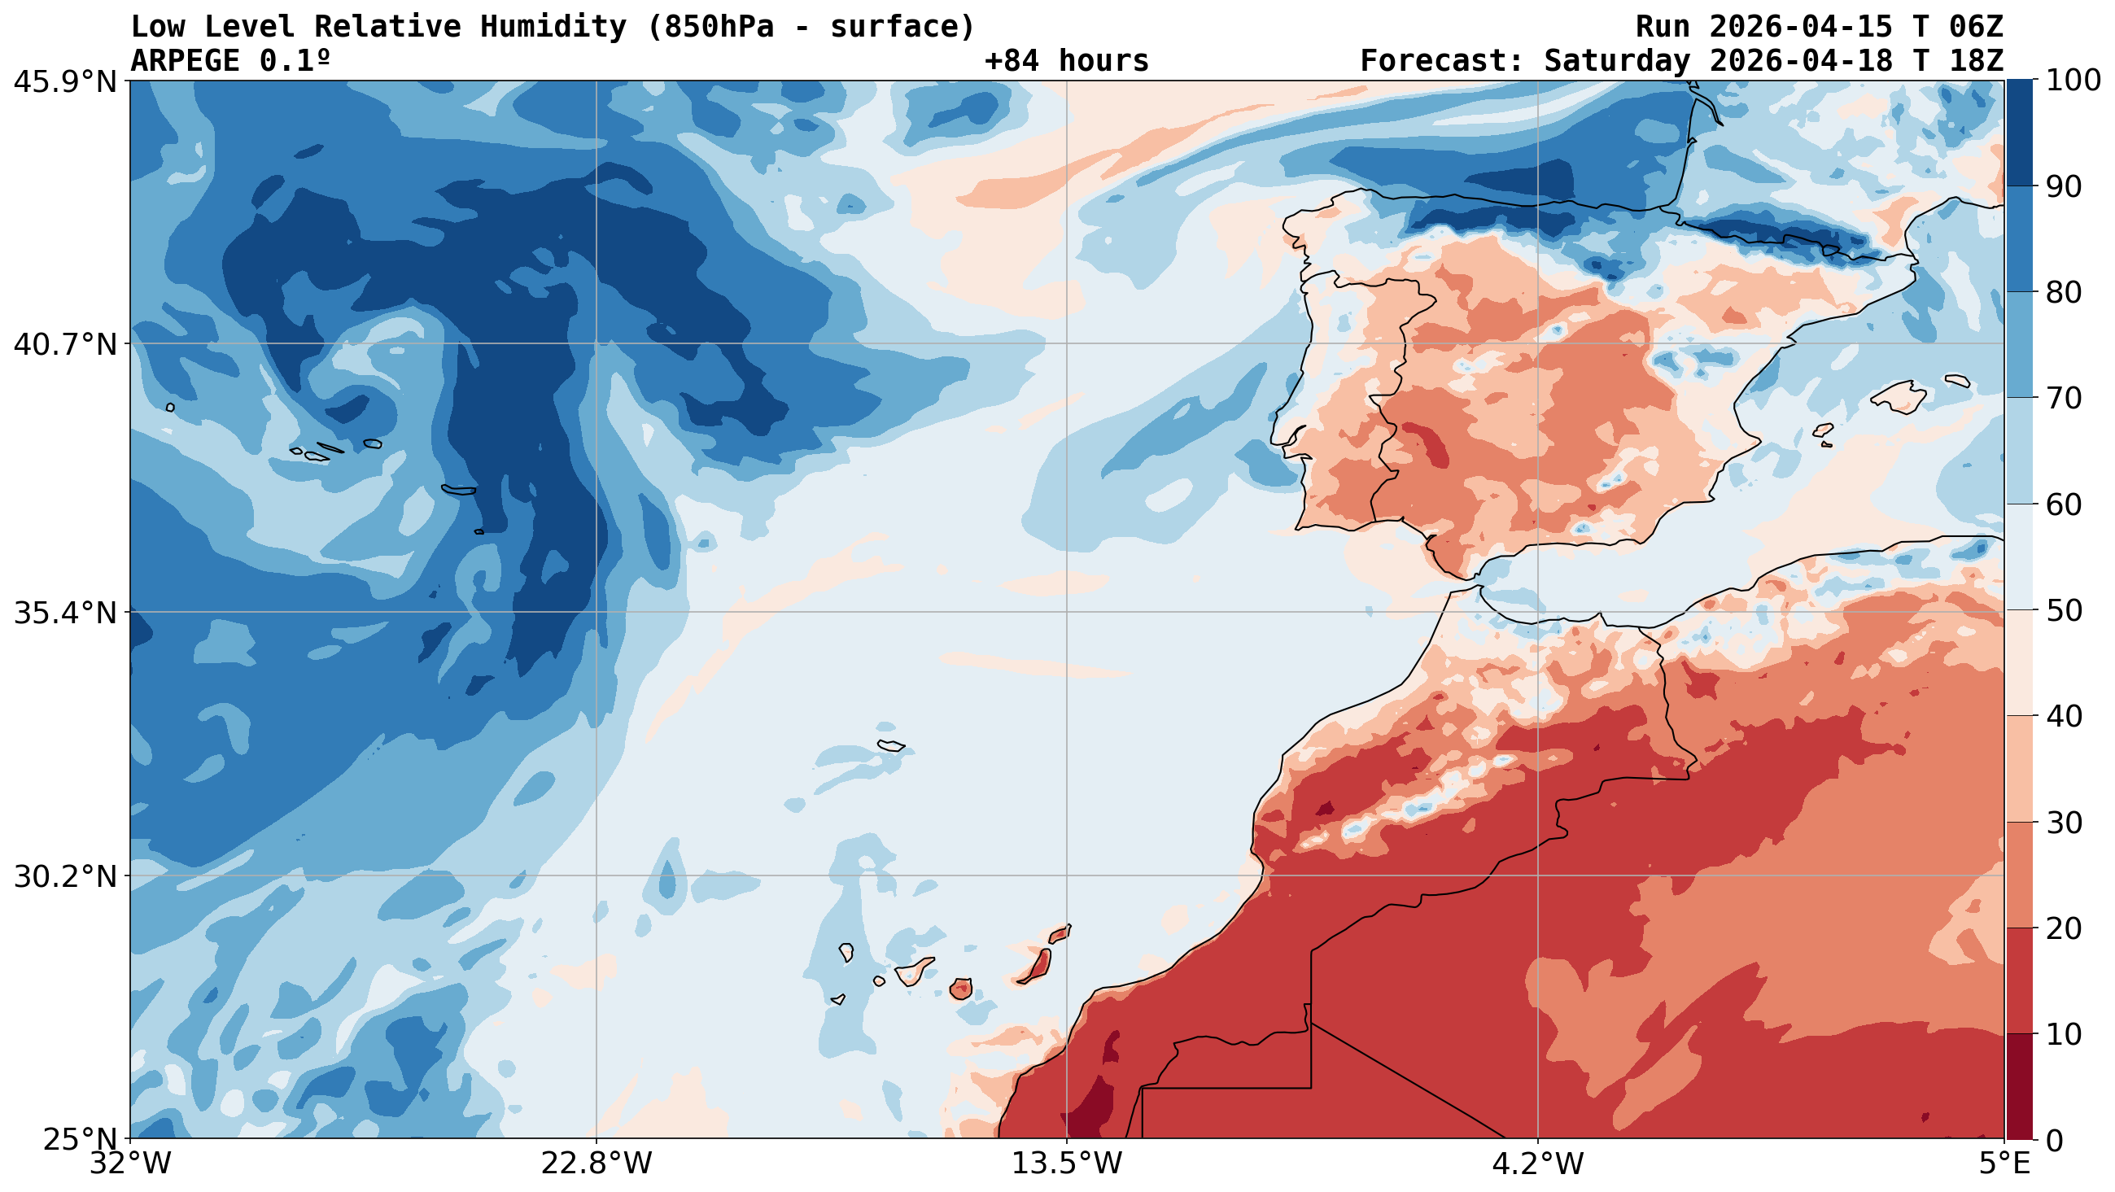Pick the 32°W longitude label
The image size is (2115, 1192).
[x=131, y=1164]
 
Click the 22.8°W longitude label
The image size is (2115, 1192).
[x=596, y=1164]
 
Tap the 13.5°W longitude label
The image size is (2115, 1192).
[x=1067, y=1164]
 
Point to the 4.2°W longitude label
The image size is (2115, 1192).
[x=1537, y=1164]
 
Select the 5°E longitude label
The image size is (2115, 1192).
[x=2004, y=1164]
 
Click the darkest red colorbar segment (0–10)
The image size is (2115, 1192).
[x=2019, y=1087]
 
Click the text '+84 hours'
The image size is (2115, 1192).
[x=1067, y=61]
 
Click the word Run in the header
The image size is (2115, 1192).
[x=1663, y=27]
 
